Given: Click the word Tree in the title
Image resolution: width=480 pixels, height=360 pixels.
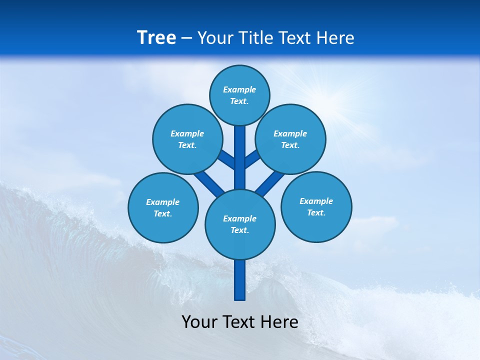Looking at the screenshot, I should pos(156,37).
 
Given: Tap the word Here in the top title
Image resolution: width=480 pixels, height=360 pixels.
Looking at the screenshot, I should pos(335,37).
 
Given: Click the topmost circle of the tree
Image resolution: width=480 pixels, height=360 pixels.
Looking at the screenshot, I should pos(239,95).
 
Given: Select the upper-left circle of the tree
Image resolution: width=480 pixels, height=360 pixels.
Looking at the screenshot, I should pos(187,139).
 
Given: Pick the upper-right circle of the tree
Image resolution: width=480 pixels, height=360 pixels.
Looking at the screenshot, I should pos(290,139).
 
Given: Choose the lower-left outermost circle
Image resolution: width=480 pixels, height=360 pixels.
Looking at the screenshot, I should pos(163,207).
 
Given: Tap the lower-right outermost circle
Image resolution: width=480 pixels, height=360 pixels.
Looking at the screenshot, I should pos(316,206).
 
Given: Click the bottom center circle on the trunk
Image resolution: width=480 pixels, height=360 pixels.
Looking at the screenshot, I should pos(240,224).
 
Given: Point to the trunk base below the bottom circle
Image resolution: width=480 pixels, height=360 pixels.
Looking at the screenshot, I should pos(240,280).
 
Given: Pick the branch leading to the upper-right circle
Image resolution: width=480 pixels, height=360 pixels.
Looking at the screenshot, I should pos(252,159).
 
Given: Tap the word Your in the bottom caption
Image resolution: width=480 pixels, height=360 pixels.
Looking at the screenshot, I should pos(199,322).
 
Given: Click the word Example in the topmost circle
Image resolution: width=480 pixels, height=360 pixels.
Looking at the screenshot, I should pos(239,89).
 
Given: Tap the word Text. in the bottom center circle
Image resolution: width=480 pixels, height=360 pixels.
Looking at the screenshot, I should pos(240,230).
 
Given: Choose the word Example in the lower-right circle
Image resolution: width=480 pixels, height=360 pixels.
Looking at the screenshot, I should pos(316,201).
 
